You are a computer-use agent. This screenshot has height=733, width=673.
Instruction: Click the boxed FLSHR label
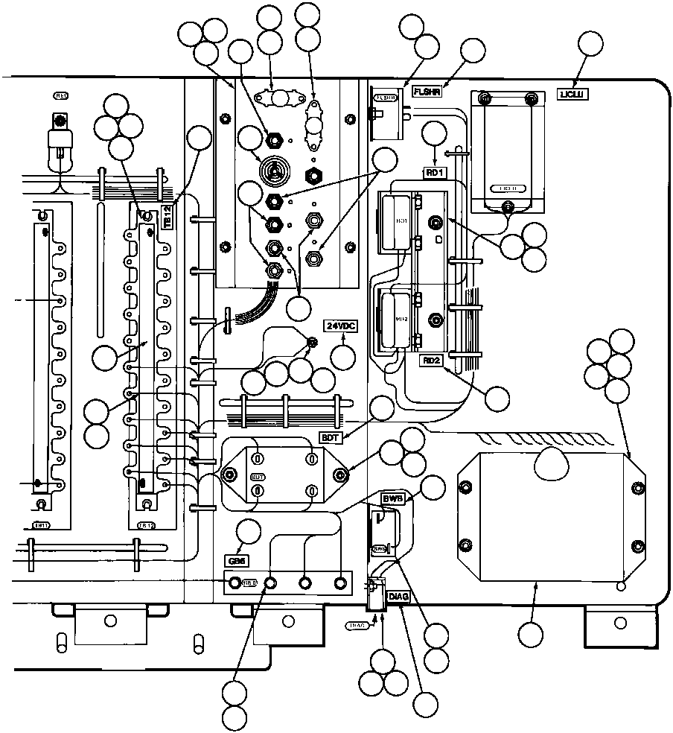click(427, 92)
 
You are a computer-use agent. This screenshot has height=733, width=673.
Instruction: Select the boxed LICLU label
click(574, 94)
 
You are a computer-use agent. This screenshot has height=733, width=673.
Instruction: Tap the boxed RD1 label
click(434, 172)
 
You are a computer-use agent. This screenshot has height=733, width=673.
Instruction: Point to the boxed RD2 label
click(433, 361)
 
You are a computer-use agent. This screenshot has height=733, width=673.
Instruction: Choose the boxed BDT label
click(331, 437)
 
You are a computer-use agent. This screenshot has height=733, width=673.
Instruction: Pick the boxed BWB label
click(392, 498)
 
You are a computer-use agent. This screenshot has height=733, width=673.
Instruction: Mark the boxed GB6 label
click(236, 559)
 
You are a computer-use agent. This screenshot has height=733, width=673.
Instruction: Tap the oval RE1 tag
click(61, 95)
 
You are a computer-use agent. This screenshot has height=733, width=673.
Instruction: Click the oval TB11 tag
click(42, 525)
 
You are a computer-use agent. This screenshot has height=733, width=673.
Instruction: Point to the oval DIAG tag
click(357, 626)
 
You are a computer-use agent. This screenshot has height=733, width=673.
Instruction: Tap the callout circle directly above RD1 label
click(434, 135)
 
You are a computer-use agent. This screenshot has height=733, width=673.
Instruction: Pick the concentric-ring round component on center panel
click(274, 170)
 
